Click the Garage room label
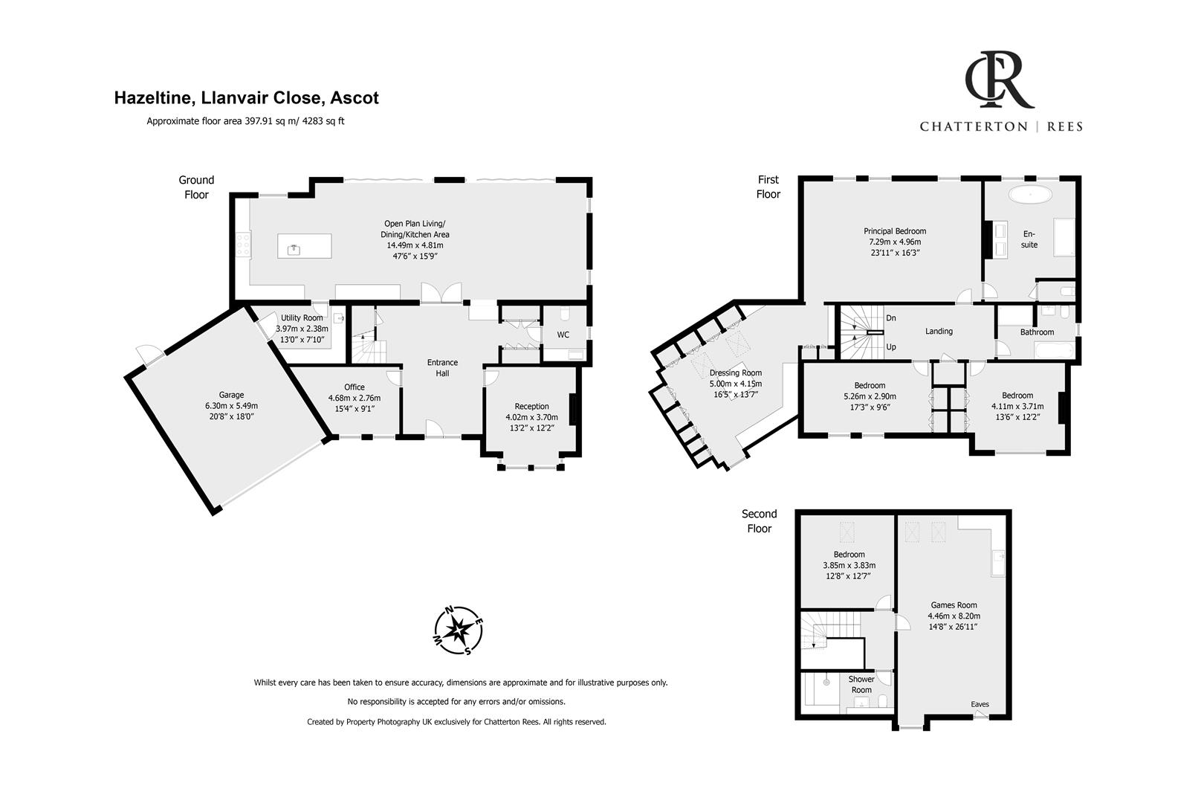[x=231, y=395]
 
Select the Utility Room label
[x=302, y=317]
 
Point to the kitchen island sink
[x=295, y=247]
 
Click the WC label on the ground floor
[x=563, y=335]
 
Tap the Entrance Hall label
[x=442, y=367]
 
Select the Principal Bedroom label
[x=895, y=231]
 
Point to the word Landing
[x=939, y=332]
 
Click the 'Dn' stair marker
[x=891, y=318]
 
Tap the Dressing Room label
[x=735, y=373]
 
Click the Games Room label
[x=954, y=605]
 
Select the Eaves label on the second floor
[x=980, y=704]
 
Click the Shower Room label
[x=861, y=684]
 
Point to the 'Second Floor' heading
[x=759, y=521]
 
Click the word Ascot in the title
[x=355, y=98]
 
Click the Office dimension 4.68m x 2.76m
[x=355, y=397]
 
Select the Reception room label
[x=531, y=406]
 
